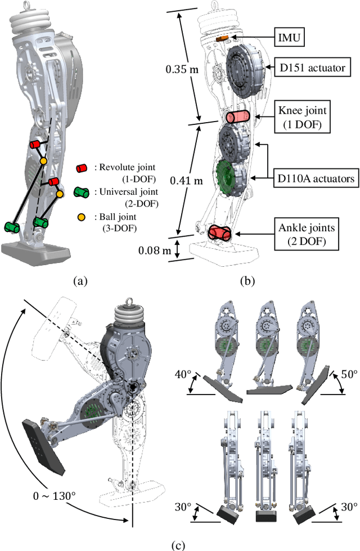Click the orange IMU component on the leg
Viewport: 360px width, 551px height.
coord(223,38)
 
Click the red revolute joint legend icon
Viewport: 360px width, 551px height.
coord(83,168)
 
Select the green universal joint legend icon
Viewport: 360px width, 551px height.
coord(83,192)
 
